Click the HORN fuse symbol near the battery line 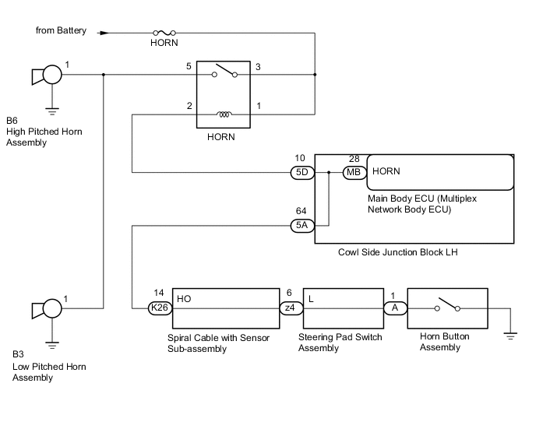[x=164, y=33]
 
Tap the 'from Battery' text [x=61, y=30]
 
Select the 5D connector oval [x=302, y=172]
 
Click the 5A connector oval [x=302, y=226]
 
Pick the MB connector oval [x=354, y=172]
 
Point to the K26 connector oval [x=160, y=308]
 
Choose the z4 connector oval [x=291, y=308]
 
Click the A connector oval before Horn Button [x=396, y=308]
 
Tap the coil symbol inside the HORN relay [x=224, y=114]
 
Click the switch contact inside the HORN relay [x=224, y=71]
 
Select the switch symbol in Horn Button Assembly [x=447, y=304]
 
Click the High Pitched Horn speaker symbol [x=47, y=75]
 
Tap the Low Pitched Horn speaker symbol [x=47, y=309]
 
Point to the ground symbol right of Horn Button [x=510, y=336]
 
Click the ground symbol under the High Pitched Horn [x=52, y=112]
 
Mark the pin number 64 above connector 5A [x=301, y=211]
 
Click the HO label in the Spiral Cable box [x=184, y=299]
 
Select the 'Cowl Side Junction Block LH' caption [x=398, y=252]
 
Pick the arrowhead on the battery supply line [x=104, y=33]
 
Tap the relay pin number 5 [x=189, y=66]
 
